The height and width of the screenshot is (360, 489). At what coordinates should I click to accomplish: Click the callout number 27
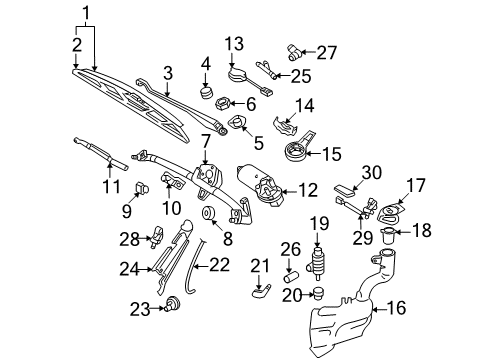(x=327, y=52)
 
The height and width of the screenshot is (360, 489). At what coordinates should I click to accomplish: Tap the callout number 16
(x=396, y=307)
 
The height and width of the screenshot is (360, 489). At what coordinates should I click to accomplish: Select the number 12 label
(x=308, y=190)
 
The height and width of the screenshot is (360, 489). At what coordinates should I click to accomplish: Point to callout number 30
(x=372, y=172)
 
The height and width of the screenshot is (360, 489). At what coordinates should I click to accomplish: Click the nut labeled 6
(x=221, y=103)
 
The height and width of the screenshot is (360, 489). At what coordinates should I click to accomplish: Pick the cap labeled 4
(x=206, y=93)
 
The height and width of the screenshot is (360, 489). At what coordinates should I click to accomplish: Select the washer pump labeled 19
(x=317, y=263)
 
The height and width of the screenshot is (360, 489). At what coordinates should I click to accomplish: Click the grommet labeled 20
(x=319, y=293)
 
